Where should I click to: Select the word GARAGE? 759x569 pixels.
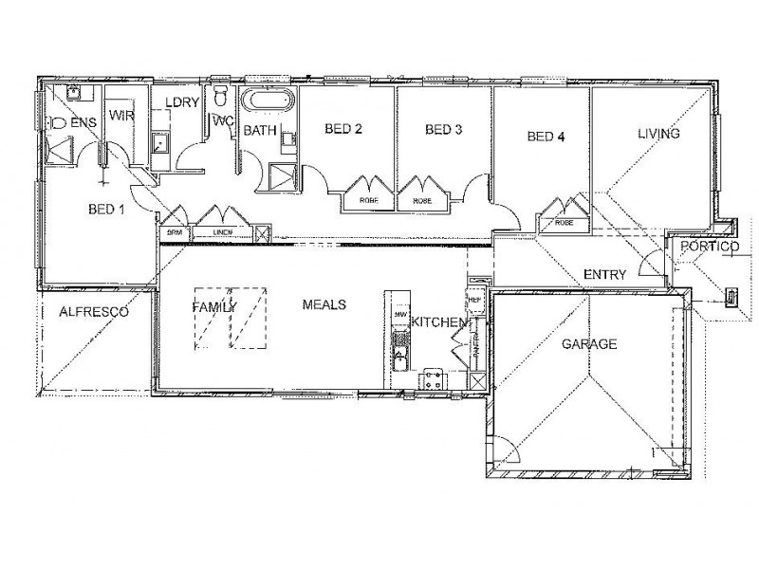tap(588, 344)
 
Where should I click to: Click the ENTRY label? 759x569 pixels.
tap(604, 275)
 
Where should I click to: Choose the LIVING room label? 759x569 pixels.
tap(658, 135)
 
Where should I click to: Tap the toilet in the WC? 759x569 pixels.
tap(220, 97)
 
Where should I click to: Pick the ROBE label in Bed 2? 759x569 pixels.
tap(367, 201)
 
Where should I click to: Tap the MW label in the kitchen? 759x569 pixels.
tap(400, 314)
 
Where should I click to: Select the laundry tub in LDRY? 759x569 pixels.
tap(161, 143)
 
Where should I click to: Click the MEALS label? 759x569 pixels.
tap(324, 304)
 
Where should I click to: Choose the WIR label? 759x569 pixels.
tap(120, 116)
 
